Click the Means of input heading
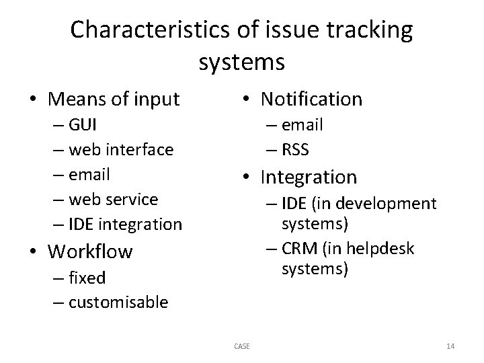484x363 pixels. coord(114,100)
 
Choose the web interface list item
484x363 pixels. coord(120,149)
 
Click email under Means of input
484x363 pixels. coord(89,174)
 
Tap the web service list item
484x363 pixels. coord(112,199)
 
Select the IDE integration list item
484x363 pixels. coord(124,224)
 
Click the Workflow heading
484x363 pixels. coord(90,252)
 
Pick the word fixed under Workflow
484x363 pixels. coord(86,278)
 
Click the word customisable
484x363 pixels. coord(118,302)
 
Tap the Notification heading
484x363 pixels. coord(311,99)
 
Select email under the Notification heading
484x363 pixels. coord(302,125)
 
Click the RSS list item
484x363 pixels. coord(294,149)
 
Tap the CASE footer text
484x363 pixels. coord(242,346)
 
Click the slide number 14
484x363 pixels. coord(450,346)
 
